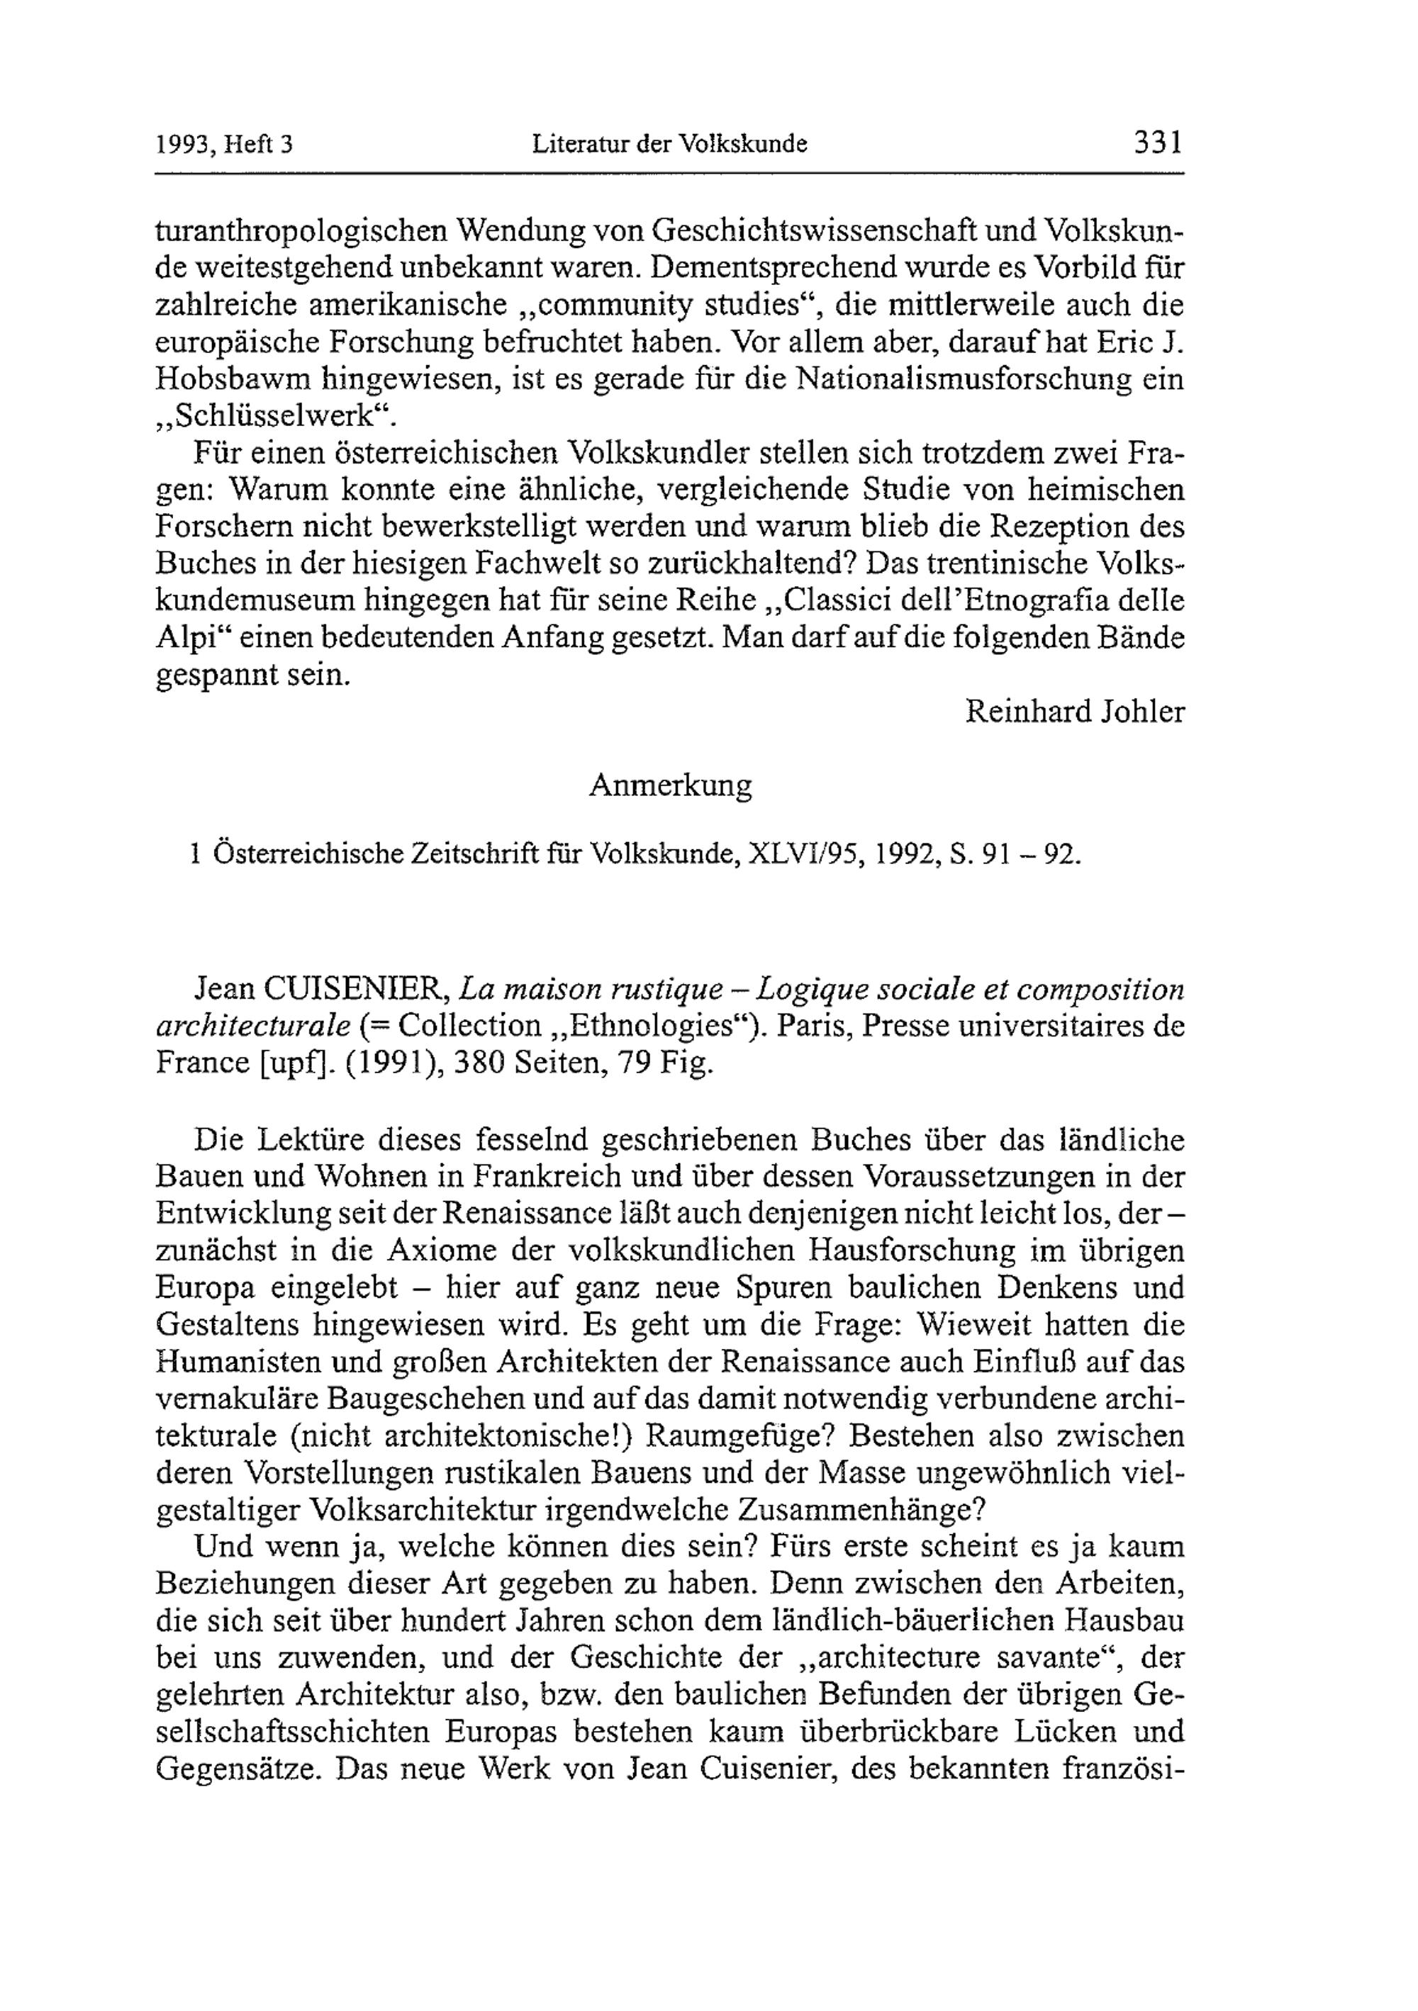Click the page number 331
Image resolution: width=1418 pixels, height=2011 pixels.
click(1158, 142)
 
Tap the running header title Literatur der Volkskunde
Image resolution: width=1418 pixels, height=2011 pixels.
click(669, 145)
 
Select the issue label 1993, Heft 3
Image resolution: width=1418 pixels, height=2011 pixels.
click(223, 145)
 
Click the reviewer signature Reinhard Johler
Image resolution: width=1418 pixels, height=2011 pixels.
click(1075, 711)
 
